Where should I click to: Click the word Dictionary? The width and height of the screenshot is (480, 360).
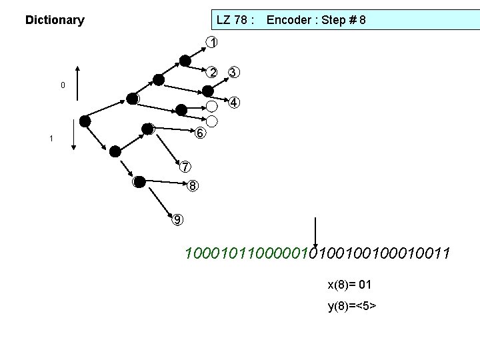point(55,20)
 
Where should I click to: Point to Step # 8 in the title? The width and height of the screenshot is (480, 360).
point(344,20)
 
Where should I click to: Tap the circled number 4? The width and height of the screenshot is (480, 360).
point(234,103)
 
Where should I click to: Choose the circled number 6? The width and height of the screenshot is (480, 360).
point(201,133)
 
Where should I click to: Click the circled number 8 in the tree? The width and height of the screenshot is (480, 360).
point(192,185)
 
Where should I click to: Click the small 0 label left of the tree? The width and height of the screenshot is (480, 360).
point(63,85)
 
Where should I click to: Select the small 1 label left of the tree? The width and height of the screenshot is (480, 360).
point(51,139)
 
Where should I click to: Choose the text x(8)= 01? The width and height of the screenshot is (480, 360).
point(349,285)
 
